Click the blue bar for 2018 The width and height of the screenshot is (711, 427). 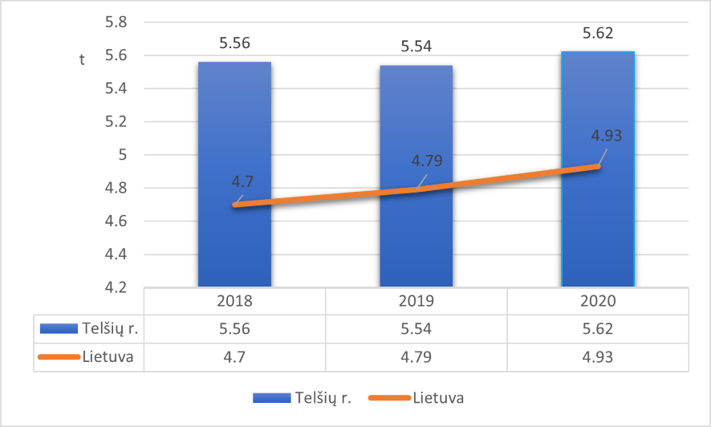(x=234, y=241)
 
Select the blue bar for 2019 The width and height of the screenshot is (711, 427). (x=416, y=241)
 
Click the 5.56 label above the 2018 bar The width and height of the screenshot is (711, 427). (x=234, y=44)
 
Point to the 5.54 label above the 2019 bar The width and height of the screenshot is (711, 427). (x=416, y=47)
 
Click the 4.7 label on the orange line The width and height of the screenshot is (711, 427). (x=242, y=181)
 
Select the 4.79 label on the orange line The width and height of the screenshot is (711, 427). (x=427, y=161)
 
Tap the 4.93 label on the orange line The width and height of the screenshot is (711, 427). (x=607, y=134)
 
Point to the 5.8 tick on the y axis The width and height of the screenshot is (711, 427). (x=117, y=22)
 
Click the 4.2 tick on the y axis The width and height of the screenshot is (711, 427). (x=117, y=287)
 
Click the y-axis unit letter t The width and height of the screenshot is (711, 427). (x=82, y=60)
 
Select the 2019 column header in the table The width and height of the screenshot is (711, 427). (x=416, y=302)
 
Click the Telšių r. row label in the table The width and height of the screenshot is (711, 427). (x=108, y=327)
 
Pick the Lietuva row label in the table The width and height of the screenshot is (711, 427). (x=106, y=356)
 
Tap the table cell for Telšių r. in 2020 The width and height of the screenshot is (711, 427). (x=598, y=327)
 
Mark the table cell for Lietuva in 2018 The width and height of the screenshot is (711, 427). (x=234, y=356)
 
